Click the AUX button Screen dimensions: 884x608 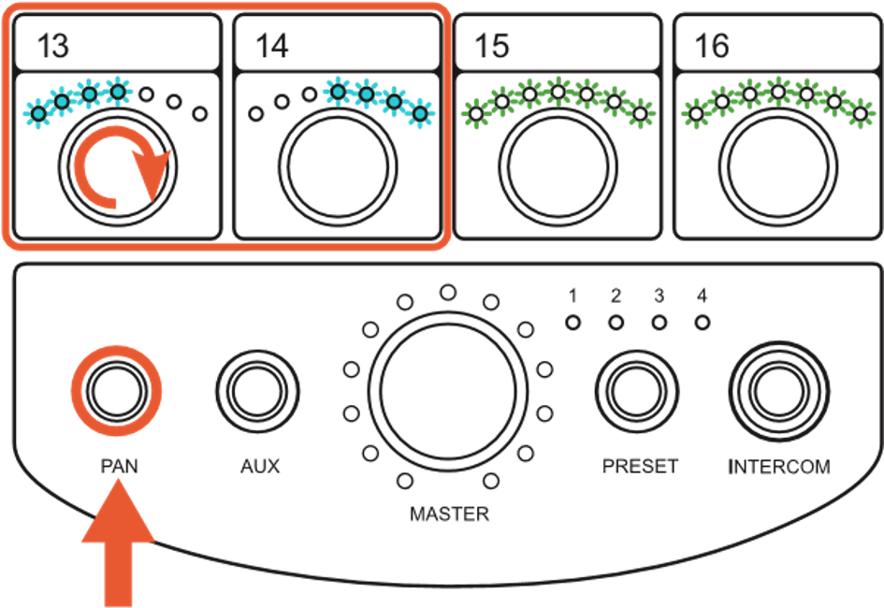[x=257, y=392]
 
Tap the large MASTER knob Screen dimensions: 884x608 [x=448, y=392]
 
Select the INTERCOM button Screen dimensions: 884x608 [x=779, y=392]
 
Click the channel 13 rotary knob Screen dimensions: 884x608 [x=118, y=167]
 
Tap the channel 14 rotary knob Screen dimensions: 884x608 [x=338, y=167]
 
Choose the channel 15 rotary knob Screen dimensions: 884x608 [x=558, y=167]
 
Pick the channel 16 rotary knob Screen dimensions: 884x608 [x=778, y=167]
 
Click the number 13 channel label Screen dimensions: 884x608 [x=53, y=46]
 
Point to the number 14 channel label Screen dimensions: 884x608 [x=272, y=46]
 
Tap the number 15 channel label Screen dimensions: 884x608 [x=492, y=46]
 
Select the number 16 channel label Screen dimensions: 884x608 [x=712, y=46]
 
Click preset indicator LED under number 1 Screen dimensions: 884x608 [x=572, y=323]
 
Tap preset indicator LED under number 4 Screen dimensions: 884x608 [x=702, y=323]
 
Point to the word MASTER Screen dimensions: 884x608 [x=449, y=514]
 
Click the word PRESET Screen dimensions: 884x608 [x=640, y=467]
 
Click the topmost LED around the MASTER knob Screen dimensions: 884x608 [x=448, y=293]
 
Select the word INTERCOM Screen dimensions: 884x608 [x=779, y=467]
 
